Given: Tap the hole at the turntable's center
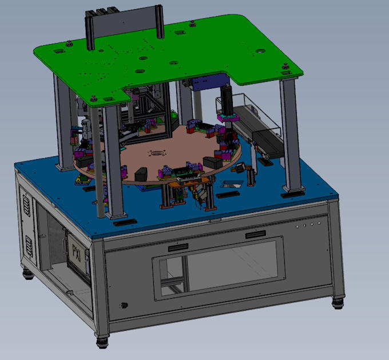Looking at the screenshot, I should tap(157, 153).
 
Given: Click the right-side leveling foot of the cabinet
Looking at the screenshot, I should tap(339, 301).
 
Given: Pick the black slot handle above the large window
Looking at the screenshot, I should tap(256, 235).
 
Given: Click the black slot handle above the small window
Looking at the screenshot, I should tap(179, 249).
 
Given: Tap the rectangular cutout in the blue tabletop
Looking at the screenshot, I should tap(232, 184).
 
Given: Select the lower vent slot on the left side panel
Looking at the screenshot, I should tap(26, 246).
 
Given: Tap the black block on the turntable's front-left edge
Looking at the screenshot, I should tap(141, 172).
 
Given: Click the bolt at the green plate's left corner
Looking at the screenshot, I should tap(69, 42).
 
